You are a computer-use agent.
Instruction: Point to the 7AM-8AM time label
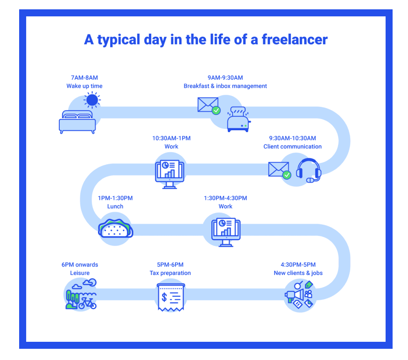pos(84,78)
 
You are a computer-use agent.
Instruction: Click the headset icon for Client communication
pos(309,170)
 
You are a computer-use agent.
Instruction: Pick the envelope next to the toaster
pos(208,105)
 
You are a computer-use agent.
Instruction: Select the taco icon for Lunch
pos(116,228)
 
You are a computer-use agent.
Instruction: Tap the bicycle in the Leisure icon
pos(87,303)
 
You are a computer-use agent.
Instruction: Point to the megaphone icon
pos(295,295)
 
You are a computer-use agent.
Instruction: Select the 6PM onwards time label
pos(80,265)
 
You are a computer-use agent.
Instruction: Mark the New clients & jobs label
pos(298,273)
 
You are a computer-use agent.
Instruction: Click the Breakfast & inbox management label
pos(225,86)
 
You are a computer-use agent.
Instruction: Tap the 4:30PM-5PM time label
pos(298,265)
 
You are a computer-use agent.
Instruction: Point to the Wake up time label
pos(84,86)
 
